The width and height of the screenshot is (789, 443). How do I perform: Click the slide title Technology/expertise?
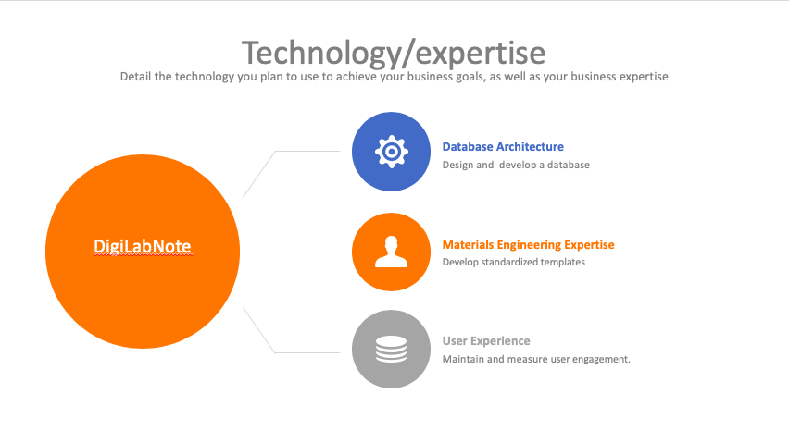click(x=394, y=54)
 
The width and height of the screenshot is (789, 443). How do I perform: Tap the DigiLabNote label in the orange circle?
click(x=143, y=246)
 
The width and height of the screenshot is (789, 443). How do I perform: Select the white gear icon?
click(x=392, y=151)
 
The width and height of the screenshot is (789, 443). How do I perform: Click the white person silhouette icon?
click(x=391, y=252)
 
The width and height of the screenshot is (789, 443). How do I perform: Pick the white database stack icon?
click(x=391, y=349)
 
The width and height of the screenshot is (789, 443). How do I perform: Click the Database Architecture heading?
click(x=503, y=147)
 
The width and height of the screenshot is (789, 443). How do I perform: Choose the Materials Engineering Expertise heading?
click(x=529, y=244)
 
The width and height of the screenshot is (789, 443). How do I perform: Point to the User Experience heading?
click(x=486, y=341)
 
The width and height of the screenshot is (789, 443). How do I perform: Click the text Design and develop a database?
click(x=516, y=165)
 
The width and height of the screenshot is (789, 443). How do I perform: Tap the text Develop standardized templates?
click(x=514, y=262)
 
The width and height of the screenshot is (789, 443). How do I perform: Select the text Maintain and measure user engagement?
click(x=536, y=359)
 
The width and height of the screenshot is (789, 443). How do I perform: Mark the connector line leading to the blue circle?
click(x=275, y=151)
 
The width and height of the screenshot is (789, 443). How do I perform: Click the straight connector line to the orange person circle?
click(x=300, y=252)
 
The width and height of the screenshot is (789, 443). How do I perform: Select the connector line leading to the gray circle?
click(x=275, y=352)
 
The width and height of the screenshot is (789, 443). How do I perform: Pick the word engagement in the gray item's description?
click(x=601, y=359)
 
